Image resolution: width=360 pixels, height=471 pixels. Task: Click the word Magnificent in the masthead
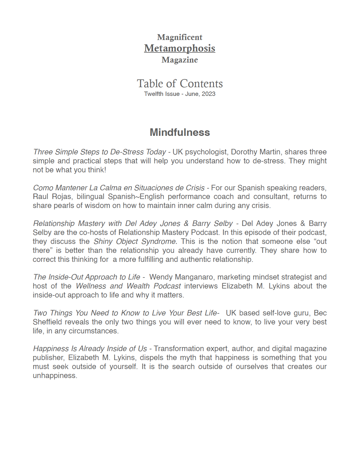[180, 37]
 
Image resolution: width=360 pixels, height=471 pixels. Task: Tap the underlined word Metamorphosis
[180, 48]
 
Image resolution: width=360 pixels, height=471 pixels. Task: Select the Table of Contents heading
[180, 84]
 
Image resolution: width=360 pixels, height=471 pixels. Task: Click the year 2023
[208, 94]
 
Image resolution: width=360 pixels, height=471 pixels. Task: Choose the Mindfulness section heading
[180, 132]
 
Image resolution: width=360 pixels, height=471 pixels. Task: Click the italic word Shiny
[103, 242]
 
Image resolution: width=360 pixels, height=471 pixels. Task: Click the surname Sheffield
[47, 322]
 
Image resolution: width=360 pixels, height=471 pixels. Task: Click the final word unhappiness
[55, 376]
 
